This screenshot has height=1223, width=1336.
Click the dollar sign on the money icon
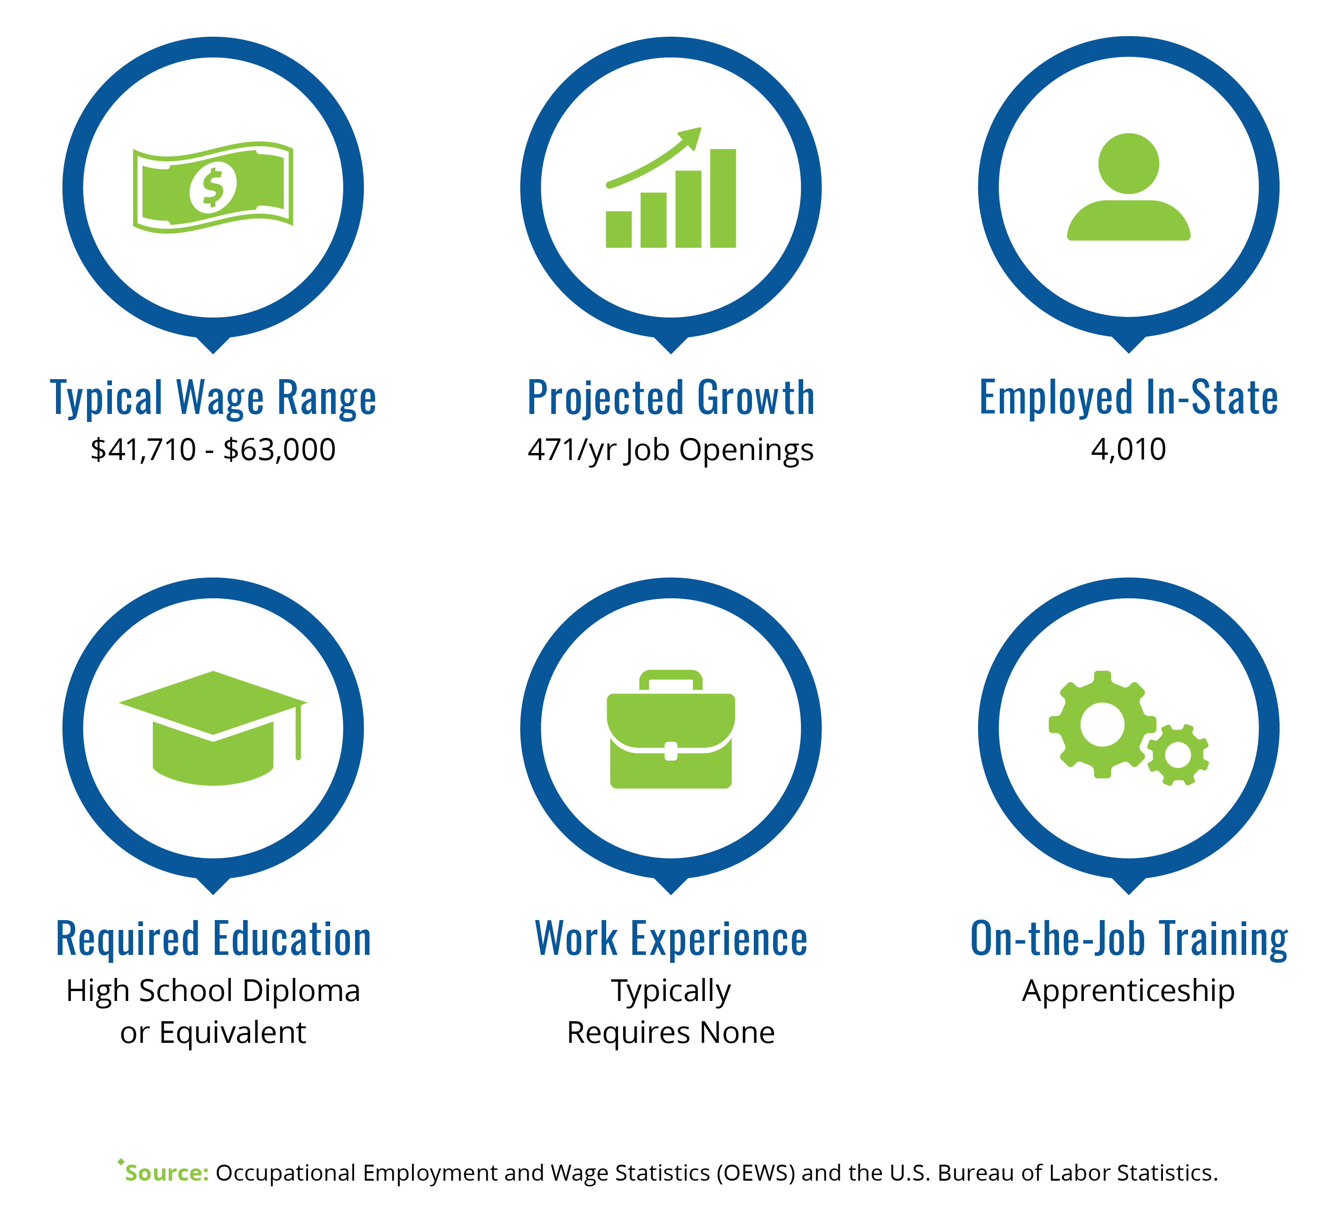[x=213, y=188]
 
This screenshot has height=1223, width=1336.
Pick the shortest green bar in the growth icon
[x=618, y=230]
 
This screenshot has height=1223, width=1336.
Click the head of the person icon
[x=1129, y=164]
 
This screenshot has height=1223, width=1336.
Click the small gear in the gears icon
[x=1178, y=755]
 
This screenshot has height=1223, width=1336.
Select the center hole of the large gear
[x=1102, y=724]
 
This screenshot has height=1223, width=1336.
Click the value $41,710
[x=143, y=450]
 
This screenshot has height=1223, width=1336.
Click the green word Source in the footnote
[x=167, y=1173]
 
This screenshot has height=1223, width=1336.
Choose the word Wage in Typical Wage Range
[x=220, y=398]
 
